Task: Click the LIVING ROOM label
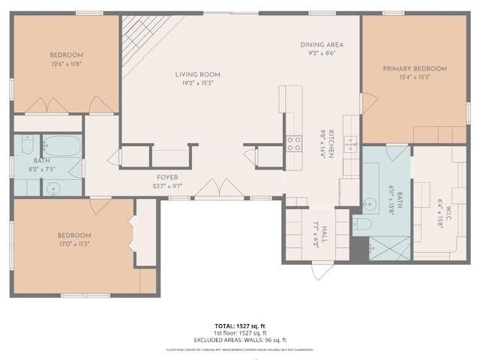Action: pyautogui.click(x=197, y=74)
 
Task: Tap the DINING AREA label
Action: pyautogui.click(x=322, y=45)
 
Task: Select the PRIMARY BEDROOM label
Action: pyautogui.click(x=414, y=69)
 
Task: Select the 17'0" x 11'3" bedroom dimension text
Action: pyautogui.click(x=74, y=244)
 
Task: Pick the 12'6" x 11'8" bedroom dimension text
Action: pyautogui.click(x=67, y=64)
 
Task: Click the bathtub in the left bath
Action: pyautogui.click(x=61, y=145)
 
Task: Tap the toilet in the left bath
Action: pyautogui.click(x=26, y=143)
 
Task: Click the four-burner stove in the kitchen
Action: pyautogui.click(x=293, y=143)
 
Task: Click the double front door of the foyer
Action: pyautogui.click(x=219, y=189)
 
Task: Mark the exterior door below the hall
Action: pyautogui.click(x=322, y=271)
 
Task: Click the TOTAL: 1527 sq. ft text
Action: pyautogui.click(x=239, y=325)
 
